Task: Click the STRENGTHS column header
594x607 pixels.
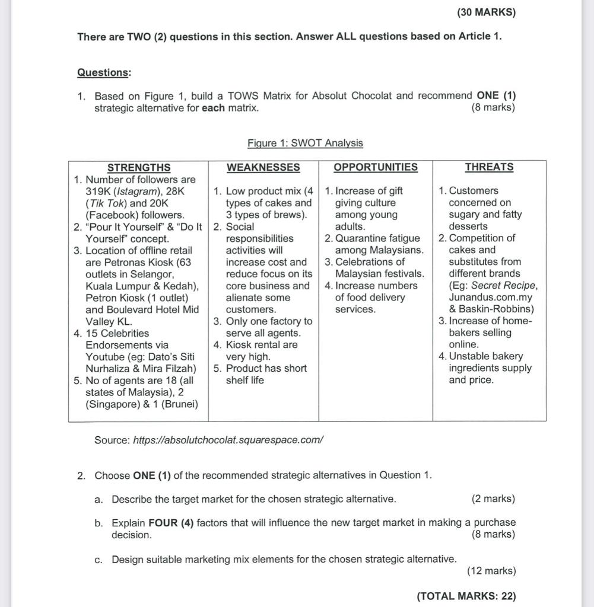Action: [x=138, y=167]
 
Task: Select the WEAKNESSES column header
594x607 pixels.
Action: [x=263, y=167]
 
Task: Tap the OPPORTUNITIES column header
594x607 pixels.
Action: [x=375, y=167]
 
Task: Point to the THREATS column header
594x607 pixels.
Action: [x=489, y=167]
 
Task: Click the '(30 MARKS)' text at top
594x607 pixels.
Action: [x=486, y=12]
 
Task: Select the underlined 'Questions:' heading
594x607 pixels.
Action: [x=104, y=72]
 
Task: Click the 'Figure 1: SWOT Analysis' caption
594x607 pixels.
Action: [x=305, y=143]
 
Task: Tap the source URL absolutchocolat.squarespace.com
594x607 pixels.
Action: [x=228, y=440]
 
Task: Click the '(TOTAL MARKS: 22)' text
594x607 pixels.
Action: [x=466, y=596]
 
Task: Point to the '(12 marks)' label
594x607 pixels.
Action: [x=491, y=571]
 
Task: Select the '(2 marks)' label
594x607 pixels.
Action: [x=493, y=499]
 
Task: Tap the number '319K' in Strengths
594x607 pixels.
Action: [x=99, y=191]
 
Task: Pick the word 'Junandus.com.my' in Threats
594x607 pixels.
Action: [x=491, y=298]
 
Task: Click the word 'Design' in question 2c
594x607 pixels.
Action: [x=126, y=559]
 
